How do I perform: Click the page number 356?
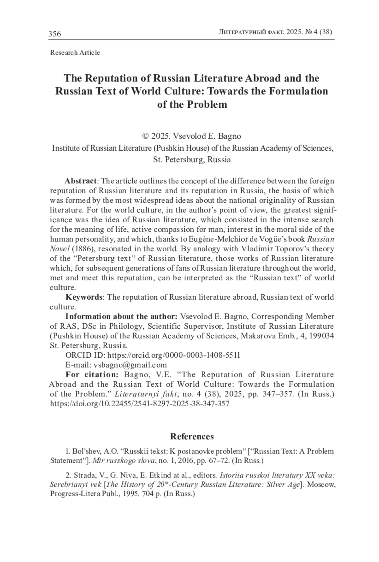(55, 33)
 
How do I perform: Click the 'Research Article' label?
(75, 53)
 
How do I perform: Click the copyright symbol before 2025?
(146, 136)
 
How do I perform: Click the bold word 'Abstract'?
(81, 181)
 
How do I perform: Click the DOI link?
(140, 404)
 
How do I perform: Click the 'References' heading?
(192, 436)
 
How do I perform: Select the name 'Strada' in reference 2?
(84, 475)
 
